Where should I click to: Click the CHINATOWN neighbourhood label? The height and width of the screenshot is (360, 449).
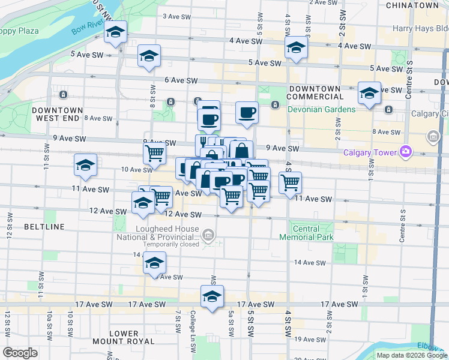[412, 5]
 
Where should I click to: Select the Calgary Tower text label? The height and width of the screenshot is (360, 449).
[372, 152]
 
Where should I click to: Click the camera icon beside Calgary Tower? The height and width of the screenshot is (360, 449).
[406, 151]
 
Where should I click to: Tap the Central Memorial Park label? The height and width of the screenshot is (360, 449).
[305, 233]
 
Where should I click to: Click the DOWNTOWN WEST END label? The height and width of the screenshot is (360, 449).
[57, 114]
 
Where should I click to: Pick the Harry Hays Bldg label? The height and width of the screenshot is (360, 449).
[420, 28]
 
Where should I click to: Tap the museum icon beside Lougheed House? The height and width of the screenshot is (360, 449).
[208, 234]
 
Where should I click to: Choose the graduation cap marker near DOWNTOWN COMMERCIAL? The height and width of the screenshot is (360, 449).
[370, 94]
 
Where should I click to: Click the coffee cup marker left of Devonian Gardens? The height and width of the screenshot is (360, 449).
[247, 112]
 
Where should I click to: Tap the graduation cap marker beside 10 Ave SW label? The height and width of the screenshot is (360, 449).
[86, 165]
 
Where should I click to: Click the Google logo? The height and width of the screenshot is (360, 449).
[20, 353]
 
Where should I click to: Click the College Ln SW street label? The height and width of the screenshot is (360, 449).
[193, 323]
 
